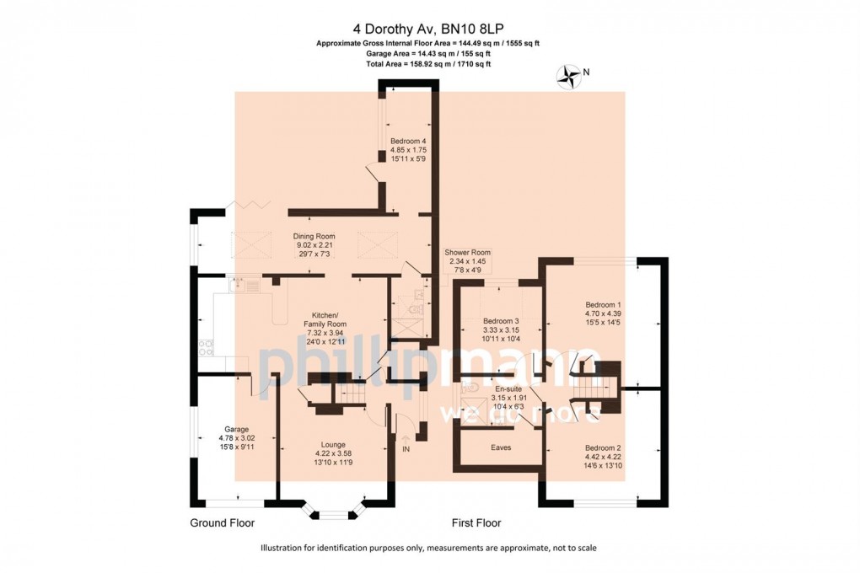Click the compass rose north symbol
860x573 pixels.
click(569, 77)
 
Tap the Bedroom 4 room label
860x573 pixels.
click(409, 150)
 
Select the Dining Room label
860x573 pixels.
click(314, 245)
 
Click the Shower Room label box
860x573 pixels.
click(467, 261)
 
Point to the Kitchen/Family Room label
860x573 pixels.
click(325, 329)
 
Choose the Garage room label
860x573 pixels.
click(236, 438)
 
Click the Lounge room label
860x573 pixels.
click(333, 453)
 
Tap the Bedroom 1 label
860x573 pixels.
click(604, 313)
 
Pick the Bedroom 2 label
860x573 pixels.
click(604, 456)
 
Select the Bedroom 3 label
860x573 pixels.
click(501, 329)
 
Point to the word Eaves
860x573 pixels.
click(501, 447)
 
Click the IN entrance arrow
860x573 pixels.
click(406, 439)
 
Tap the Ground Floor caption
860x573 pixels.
click(222, 523)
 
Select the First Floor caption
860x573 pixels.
click(476, 523)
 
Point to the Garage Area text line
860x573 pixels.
click(428, 54)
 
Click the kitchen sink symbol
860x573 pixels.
click(245, 285)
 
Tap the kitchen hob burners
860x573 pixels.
click(206, 348)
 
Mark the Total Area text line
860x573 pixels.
click(428, 64)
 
